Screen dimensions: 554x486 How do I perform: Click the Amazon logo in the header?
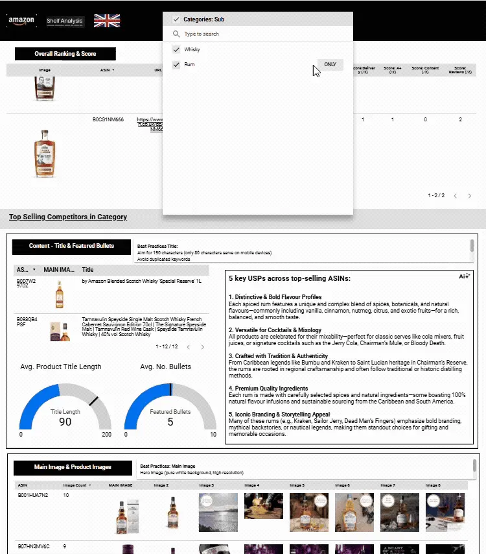tap(22, 21)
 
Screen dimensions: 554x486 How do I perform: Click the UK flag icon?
tap(107, 21)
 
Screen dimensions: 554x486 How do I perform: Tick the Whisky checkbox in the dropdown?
tap(176, 50)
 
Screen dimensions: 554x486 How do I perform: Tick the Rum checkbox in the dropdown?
tap(176, 65)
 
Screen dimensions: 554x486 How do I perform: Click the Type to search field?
tap(259, 34)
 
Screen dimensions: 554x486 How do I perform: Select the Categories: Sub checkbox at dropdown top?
tap(176, 19)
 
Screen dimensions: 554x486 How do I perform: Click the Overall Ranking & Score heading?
tap(65, 54)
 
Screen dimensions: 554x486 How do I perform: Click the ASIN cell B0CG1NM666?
tap(108, 120)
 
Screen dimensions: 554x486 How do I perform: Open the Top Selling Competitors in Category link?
tap(68, 217)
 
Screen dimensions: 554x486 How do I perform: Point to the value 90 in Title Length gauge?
tap(65, 422)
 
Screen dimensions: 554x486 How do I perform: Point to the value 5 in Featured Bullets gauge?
tap(170, 422)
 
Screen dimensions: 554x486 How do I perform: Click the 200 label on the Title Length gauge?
tap(106, 435)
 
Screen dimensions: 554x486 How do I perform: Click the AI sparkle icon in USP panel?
tap(464, 276)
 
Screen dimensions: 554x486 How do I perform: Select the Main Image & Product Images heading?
tap(73, 466)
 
